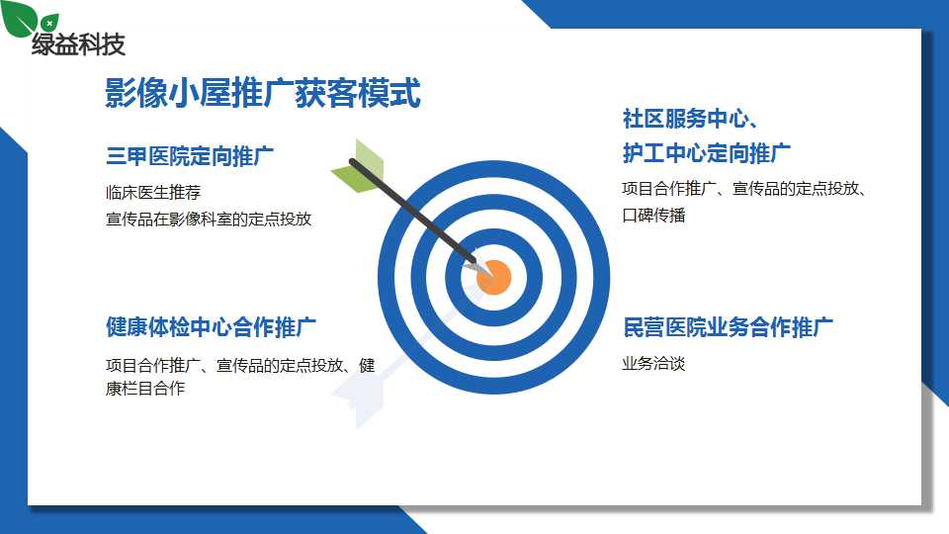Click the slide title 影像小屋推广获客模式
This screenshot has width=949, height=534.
click(x=263, y=93)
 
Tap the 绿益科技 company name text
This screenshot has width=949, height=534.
click(x=79, y=44)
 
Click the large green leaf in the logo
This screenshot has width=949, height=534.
click(x=18, y=17)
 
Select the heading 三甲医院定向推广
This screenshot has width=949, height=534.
click(x=190, y=156)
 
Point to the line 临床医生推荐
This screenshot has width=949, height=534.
click(x=153, y=193)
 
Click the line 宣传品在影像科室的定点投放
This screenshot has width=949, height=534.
click(x=209, y=219)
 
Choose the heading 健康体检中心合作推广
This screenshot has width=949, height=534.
click(x=211, y=327)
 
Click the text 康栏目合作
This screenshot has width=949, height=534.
click(x=145, y=388)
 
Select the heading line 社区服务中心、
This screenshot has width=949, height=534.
click(x=691, y=118)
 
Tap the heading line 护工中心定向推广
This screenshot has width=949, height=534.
click(x=706, y=153)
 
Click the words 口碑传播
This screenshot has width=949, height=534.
click(x=653, y=215)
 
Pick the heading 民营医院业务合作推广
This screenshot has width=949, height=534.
click(x=728, y=327)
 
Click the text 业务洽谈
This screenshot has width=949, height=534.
click(x=653, y=363)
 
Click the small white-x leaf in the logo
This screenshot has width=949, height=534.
click(x=49, y=23)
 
